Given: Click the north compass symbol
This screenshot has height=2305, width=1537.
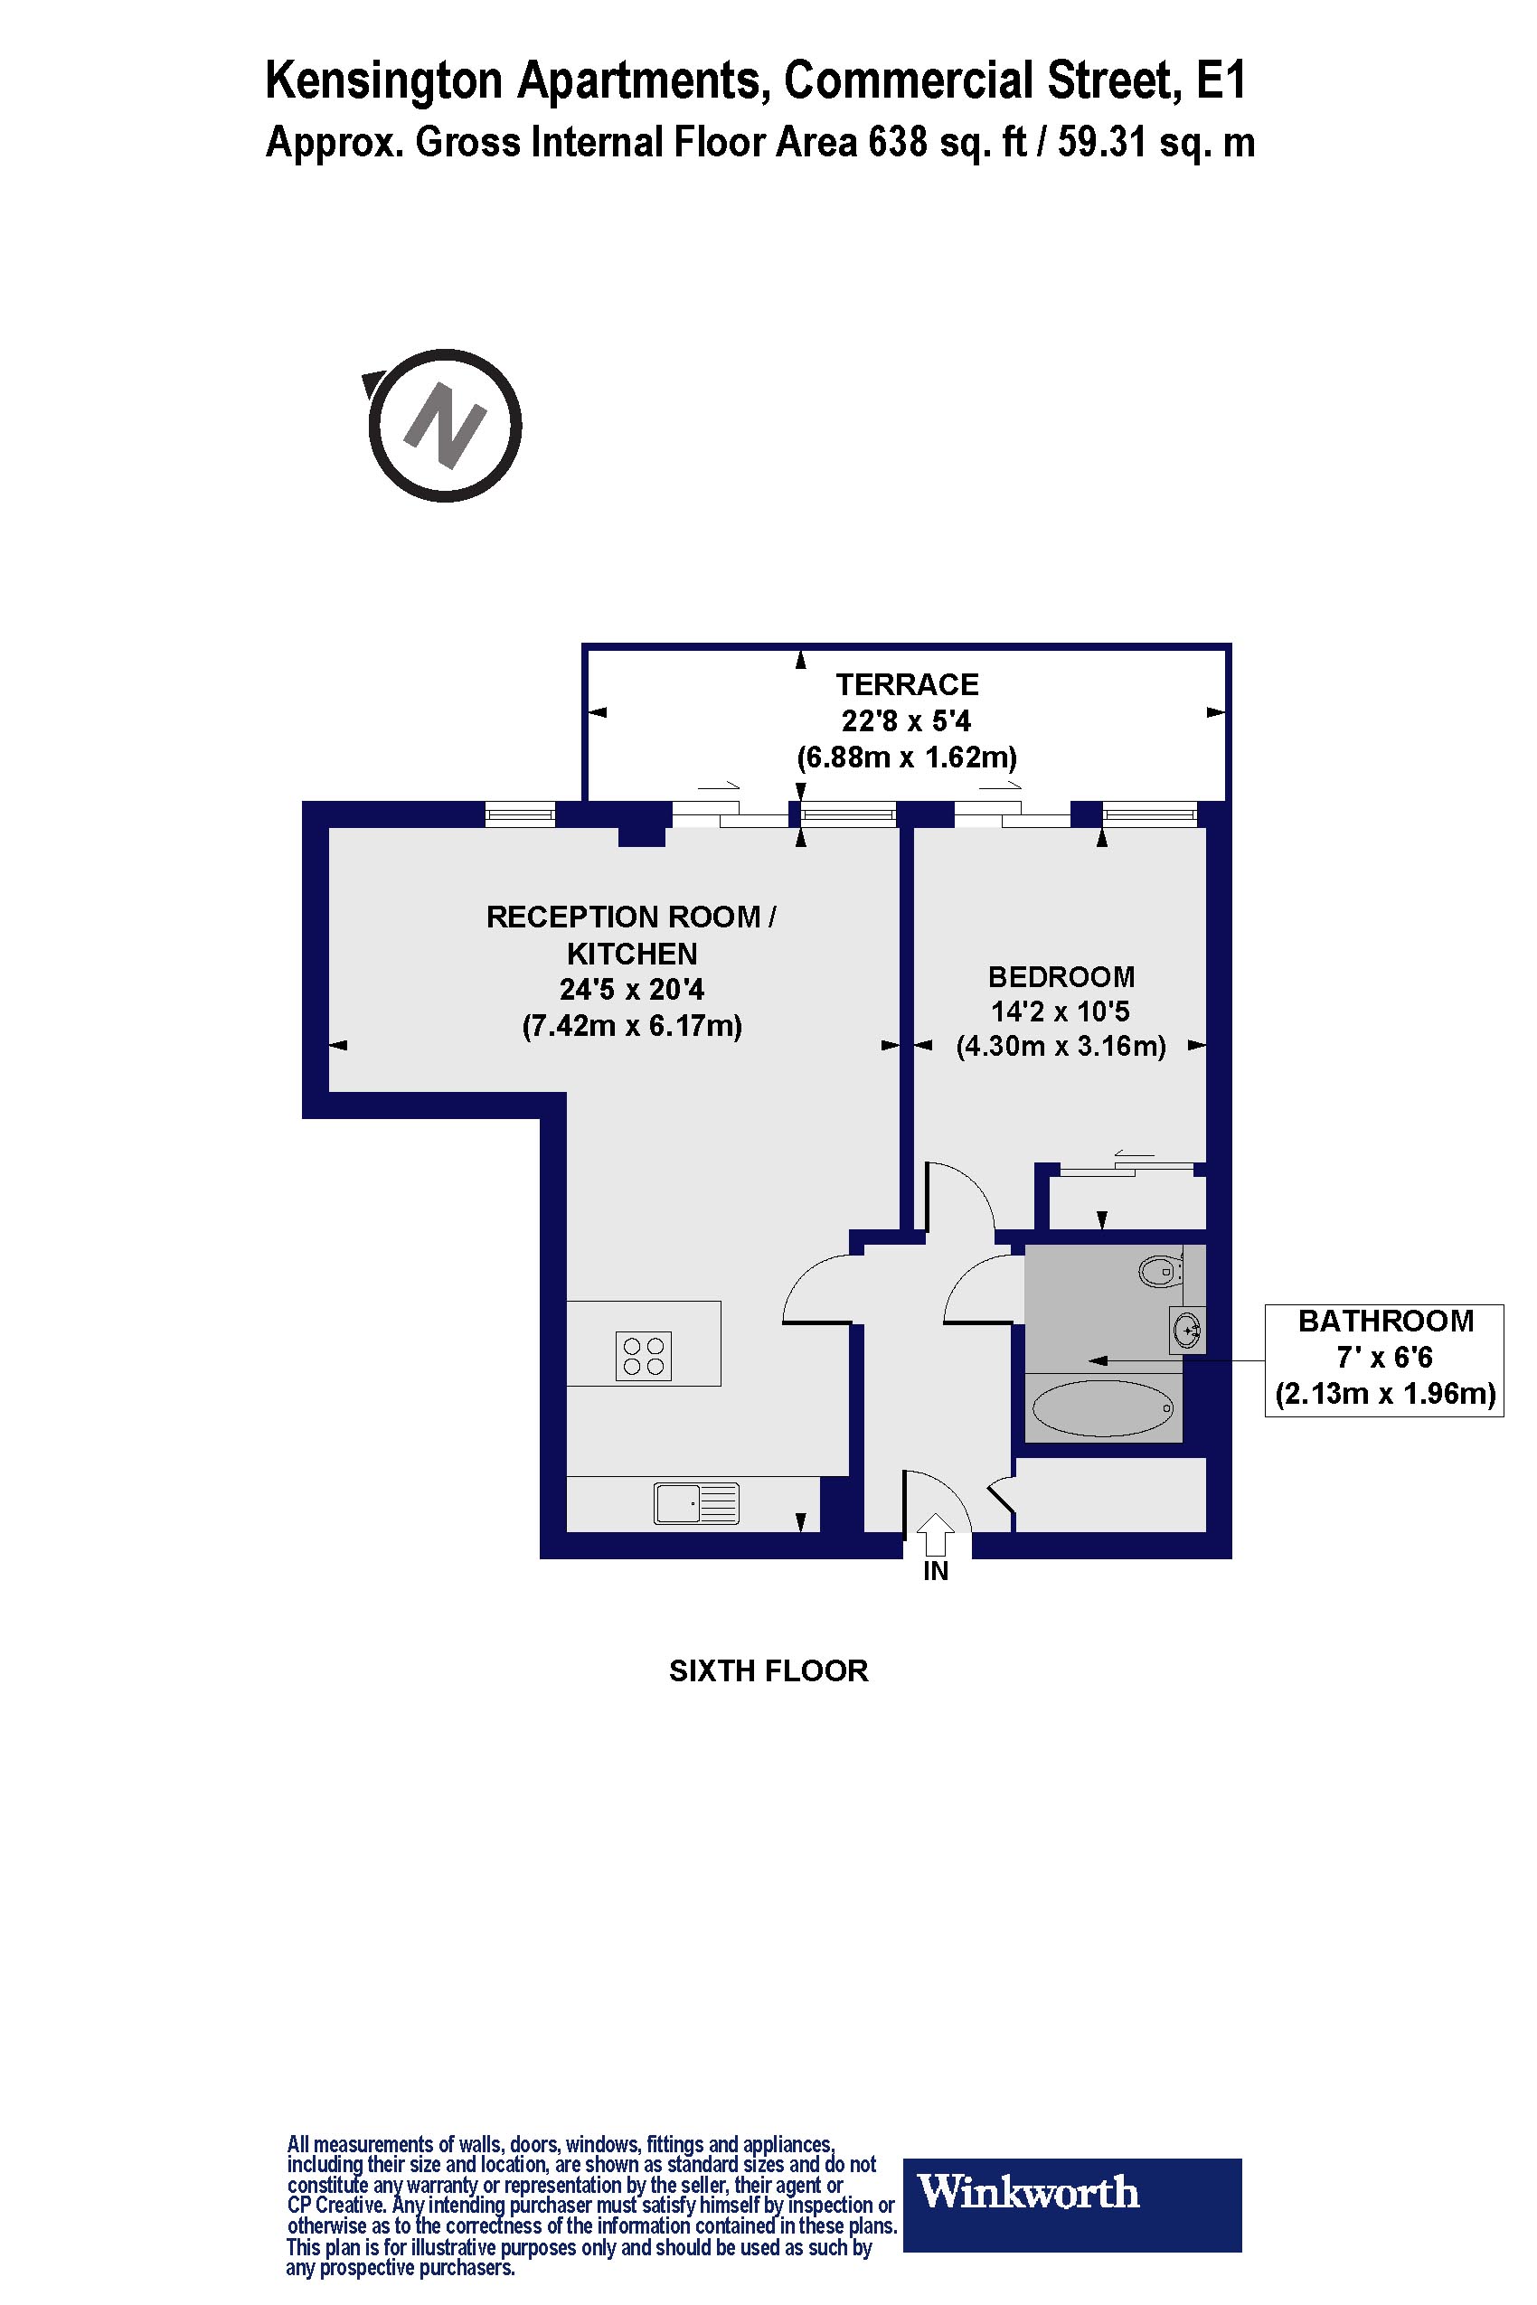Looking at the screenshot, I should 445,427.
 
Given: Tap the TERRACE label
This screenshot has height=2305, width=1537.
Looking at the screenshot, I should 907,684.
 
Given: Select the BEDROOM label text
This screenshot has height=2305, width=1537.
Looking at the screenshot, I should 1061,976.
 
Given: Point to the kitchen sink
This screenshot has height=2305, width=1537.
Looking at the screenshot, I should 696,1503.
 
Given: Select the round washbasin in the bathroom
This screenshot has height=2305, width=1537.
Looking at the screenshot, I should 1188,1330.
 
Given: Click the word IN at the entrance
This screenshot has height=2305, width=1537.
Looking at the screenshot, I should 936,1571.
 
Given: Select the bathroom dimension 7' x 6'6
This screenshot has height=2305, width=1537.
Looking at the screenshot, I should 1384,1358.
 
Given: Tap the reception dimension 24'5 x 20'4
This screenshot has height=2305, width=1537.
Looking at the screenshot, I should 631,990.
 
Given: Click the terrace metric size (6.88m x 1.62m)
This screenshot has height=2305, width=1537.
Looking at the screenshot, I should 907,757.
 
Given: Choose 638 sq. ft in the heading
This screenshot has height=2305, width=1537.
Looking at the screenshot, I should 948,142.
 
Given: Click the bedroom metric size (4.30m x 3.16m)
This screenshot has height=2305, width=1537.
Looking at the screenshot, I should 1061,1047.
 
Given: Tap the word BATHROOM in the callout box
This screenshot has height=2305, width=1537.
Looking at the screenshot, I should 1385,1321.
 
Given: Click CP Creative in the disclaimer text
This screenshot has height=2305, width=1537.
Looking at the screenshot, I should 335,2206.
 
